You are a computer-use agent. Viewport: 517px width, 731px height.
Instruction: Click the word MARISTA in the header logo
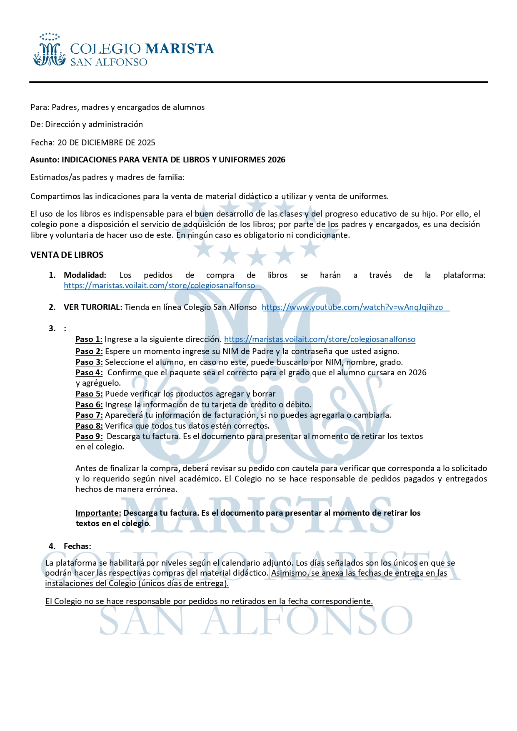coord(180,49)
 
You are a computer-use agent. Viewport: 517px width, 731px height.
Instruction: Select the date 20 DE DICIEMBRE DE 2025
coord(106,142)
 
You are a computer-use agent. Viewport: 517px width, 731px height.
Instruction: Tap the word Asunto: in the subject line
coord(45,160)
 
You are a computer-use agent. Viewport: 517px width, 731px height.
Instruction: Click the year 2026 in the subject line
coord(276,160)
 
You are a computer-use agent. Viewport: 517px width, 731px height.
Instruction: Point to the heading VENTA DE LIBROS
coord(67,255)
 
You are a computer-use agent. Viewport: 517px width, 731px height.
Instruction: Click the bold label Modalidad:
coord(85,275)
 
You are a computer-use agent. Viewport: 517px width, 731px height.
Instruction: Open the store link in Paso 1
coord(320,339)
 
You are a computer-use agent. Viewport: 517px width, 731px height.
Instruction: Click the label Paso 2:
coord(89,352)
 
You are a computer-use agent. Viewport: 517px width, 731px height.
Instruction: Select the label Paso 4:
coord(89,372)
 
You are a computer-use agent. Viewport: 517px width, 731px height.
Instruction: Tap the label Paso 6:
coord(89,404)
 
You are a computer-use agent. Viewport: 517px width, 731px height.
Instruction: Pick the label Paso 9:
coord(89,436)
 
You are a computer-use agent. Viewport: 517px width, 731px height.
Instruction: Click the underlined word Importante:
coord(98,513)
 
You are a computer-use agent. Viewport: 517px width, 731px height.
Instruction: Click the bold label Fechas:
coord(77,546)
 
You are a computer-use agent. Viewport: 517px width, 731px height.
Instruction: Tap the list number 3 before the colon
coord(52,328)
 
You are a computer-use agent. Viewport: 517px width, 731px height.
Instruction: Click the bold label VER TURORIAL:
coord(93,307)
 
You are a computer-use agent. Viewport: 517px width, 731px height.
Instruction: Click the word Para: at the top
coord(40,107)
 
